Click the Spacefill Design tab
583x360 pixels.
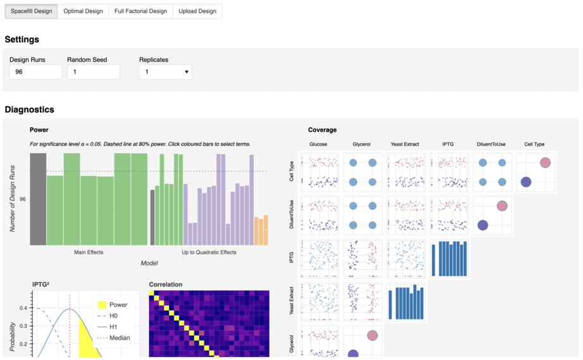click(x=31, y=11)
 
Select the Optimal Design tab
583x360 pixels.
click(x=83, y=11)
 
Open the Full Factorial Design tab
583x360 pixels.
click(x=141, y=11)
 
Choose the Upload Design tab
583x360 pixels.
click(x=197, y=11)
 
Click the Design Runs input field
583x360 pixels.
click(x=35, y=72)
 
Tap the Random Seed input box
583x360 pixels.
click(x=93, y=72)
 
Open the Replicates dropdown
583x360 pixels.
click(x=165, y=72)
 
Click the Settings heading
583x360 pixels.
click(x=22, y=39)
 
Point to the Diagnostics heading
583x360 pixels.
click(x=29, y=109)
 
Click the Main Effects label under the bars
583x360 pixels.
click(x=88, y=252)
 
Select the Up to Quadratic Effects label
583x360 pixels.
click(x=209, y=252)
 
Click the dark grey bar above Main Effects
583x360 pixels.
click(x=38, y=199)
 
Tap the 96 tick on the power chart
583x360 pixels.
click(x=23, y=199)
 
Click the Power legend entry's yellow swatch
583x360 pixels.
click(x=101, y=305)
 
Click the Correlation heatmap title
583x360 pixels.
click(x=165, y=285)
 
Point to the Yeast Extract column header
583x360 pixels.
click(x=404, y=144)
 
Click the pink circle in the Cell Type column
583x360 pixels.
click(x=545, y=163)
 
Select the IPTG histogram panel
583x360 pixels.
click(x=449, y=259)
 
